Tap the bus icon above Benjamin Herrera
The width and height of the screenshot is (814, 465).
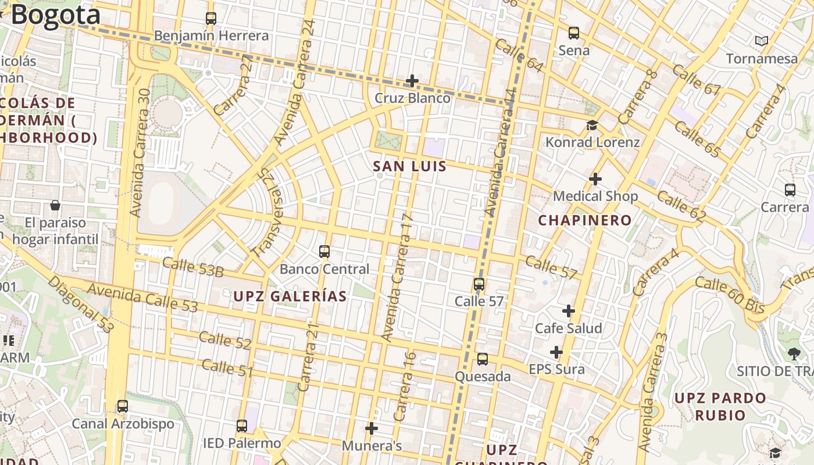pyautogui.click(x=211, y=19)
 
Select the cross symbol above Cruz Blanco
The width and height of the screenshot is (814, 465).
pyautogui.click(x=412, y=80)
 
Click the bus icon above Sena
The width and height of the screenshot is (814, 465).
pyautogui.click(x=574, y=33)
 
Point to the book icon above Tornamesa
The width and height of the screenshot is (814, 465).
pyautogui.click(x=761, y=41)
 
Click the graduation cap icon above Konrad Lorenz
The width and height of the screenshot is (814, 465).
pyautogui.click(x=592, y=125)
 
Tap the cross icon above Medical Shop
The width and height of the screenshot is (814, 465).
pyautogui.click(x=595, y=179)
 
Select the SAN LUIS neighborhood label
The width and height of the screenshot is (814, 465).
pyautogui.click(x=409, y=167)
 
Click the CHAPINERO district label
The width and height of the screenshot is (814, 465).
pyautogui.click(x=584, y=220)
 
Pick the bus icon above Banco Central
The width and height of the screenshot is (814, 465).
pyautogui.click(x=324, y=252)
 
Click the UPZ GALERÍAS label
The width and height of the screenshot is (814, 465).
pyautogui.click(x=290, y=296)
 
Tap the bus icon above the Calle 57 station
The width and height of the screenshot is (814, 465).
pyautogui.click(x=479, y=284)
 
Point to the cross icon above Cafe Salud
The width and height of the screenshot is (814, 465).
pyautogui.click(x=568, y=311)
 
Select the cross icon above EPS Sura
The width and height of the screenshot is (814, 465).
pyautogui.click(x=556, y=352)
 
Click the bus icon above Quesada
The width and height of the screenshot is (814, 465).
pyautogui.click(x=483, y=359)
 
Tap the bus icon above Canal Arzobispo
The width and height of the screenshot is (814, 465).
pyautogui.click(x=123, y=406)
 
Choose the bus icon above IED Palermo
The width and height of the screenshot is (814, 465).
pyautogui.click(x=242, y=426)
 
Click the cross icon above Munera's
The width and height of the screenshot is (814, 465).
pyautogui.click(x=372, y=429)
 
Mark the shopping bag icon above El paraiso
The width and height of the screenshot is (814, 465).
pyautogui.click(x=55, y=205)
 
